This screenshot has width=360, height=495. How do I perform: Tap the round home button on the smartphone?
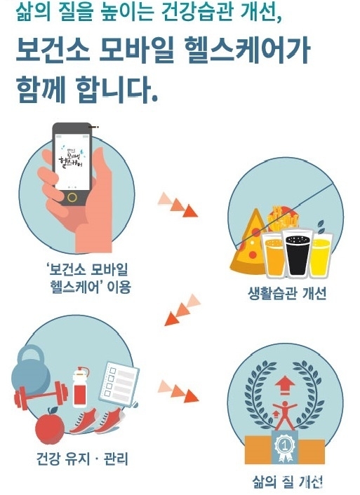pyautogui.click(x=72, y=198)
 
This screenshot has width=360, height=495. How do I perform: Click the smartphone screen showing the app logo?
pyautogui.click(x=72, y=162)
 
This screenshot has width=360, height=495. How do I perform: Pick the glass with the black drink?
pyautogui.click(x=297, y=254)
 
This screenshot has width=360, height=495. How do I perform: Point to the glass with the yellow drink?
pyautogui.click(x=321, y=255)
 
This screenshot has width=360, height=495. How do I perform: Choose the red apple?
pyautogui.click(x=50, y=426)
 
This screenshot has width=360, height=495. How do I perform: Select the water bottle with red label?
pyautogui.click(x=81, y=388)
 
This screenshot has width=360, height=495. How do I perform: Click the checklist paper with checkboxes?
pyautogui.click(x=119, y=384)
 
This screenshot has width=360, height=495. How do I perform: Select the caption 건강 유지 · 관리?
pyautogui.click(x=83, y=459)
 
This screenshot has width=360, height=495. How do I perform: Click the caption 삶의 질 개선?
pyautogui.click(x=287, y=482)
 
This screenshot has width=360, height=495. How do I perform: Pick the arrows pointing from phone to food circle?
pyautogui.click(x=178, y=205)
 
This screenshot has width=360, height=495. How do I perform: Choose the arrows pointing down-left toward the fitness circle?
pyautogui.click(x=182, y=310)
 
